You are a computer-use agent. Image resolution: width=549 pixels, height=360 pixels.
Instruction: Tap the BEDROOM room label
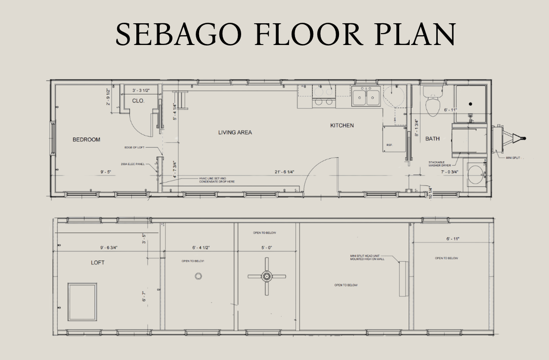[x=86, y=139]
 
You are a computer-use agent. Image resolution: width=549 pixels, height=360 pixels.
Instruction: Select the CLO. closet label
[x=138, y=101]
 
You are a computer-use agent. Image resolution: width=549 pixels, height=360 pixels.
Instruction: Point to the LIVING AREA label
[x=235, y=133]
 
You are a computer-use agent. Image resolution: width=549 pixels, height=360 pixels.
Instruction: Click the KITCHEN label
[x=342, y=126]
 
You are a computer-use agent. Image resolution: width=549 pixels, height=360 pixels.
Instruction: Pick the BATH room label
[x=432, y=139]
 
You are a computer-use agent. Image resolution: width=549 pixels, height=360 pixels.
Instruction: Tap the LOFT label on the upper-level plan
[x=98, y=263]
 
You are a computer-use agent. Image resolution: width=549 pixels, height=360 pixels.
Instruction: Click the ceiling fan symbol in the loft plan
[x=267, y=277]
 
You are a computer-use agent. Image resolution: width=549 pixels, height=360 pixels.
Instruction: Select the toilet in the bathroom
[x=433, y=103]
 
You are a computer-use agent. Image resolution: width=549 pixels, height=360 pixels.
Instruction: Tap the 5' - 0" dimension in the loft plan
[x=266, y=248]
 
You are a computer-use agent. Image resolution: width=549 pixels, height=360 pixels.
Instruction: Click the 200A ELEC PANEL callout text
[x=132, y=164]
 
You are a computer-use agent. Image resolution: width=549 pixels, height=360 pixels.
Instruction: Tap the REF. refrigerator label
[x=389, y=144]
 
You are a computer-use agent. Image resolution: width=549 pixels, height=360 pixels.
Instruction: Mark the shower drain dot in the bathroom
[x=470, y=104]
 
